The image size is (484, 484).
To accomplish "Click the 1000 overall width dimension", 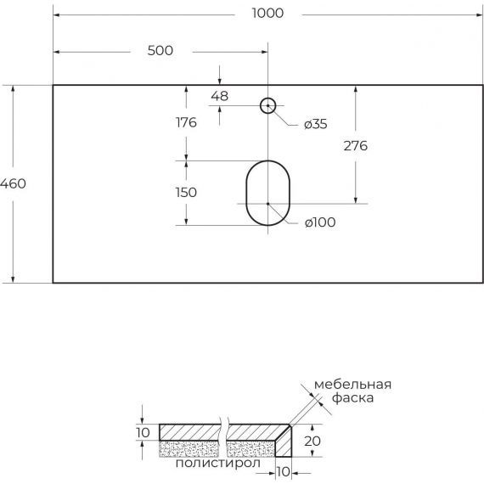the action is click(267, 14).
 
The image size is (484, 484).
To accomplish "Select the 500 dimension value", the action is click(160, 51).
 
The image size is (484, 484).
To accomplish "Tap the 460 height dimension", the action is click(13, 183).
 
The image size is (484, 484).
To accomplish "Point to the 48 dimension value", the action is click(219, 96).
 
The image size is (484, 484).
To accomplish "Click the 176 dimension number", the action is click(186, 122).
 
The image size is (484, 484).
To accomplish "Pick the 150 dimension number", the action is click(186, 193).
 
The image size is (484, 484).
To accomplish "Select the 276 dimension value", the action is click(356, 146).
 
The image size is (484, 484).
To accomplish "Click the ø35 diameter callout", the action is click(316, 124).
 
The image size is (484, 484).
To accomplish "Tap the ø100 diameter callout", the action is click(320, 222).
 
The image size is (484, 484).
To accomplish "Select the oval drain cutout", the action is click(246, 193).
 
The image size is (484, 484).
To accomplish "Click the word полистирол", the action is click(218, 463).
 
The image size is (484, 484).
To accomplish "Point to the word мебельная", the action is click(353, 385).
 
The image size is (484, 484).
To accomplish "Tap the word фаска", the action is click(353, 397).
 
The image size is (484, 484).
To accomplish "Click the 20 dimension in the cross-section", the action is click(312, 441).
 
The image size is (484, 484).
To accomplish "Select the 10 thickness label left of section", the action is click(143, 433).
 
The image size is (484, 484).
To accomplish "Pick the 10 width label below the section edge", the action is click(283, 471).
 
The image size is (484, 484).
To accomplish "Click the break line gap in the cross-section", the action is click(223, 437).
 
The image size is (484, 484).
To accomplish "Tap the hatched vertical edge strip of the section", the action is click(284, 444).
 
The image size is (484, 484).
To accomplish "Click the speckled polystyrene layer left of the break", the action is click(189, 449).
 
